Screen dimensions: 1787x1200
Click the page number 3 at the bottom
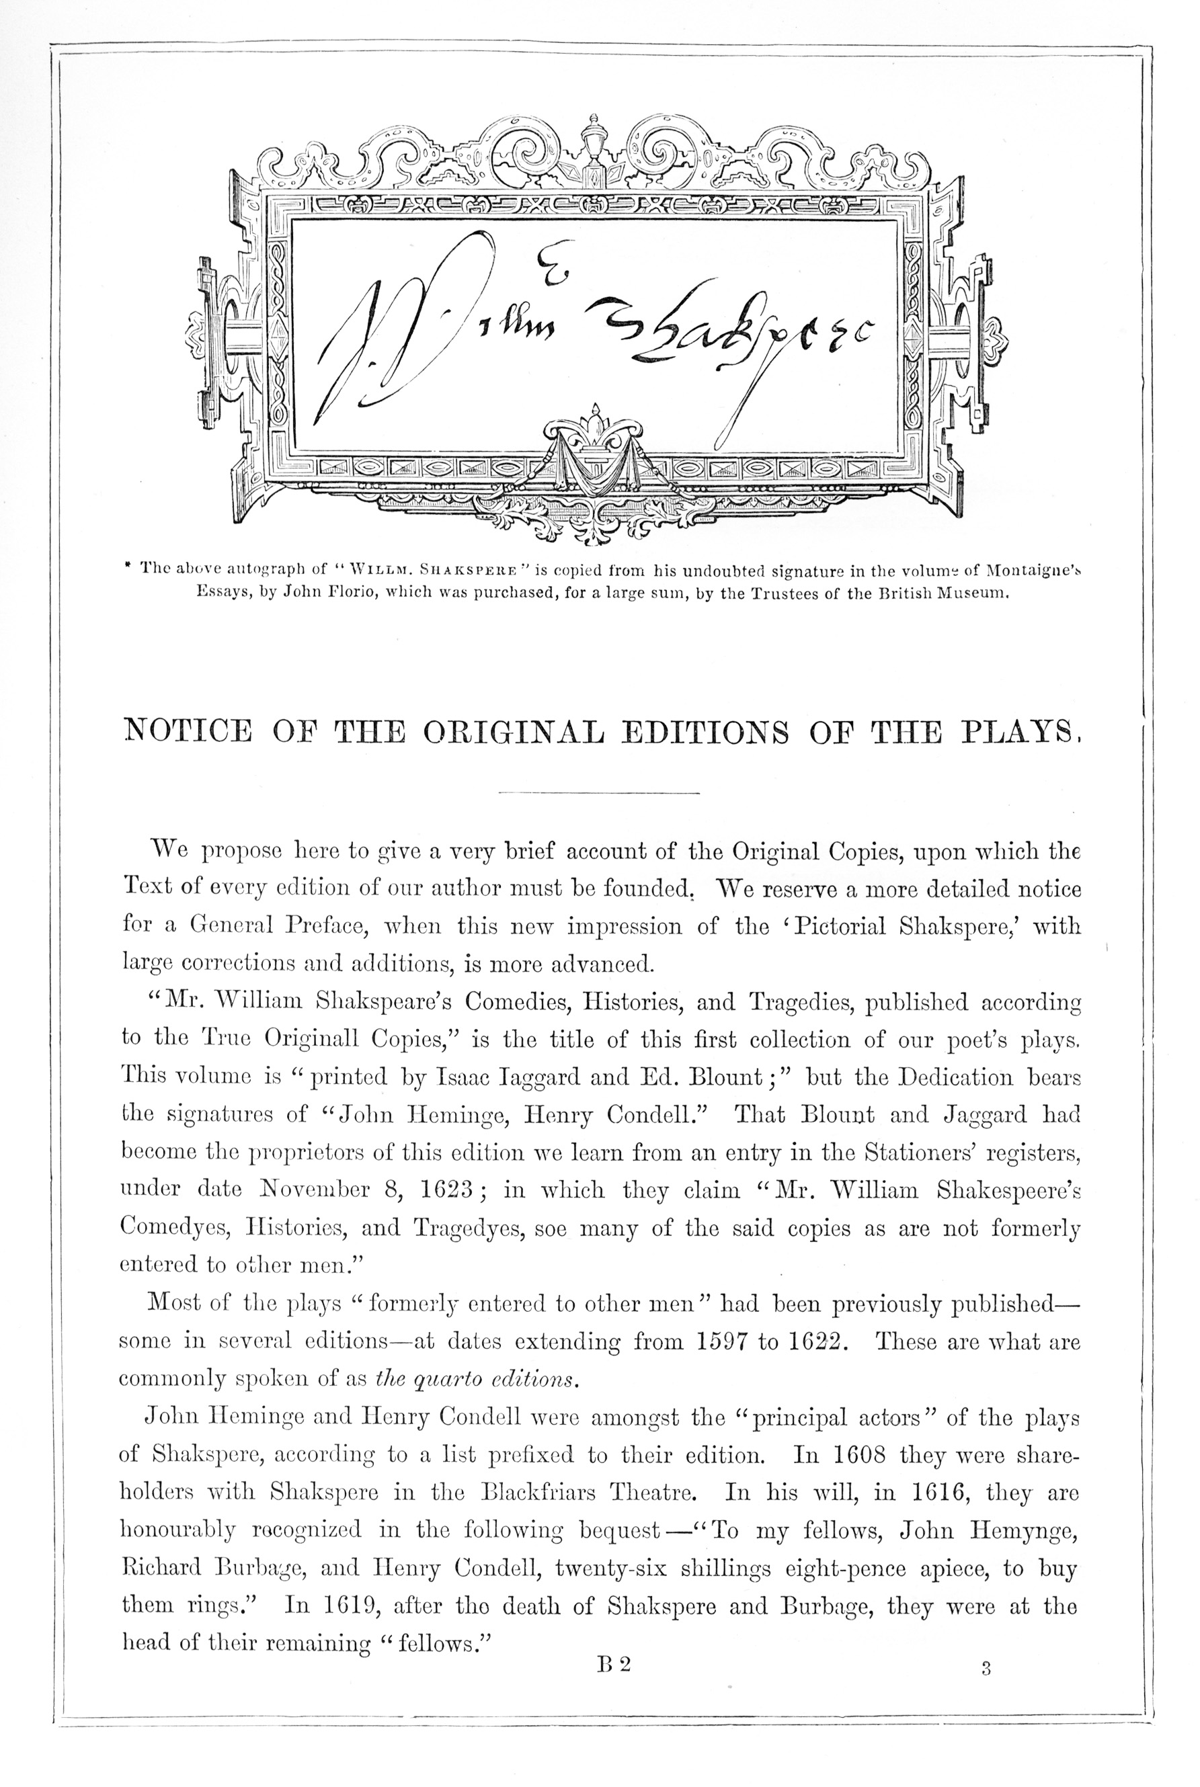pyautogui.click(x=986, y=1670)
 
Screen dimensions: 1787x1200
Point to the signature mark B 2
pyautogui.click(x=614, y=1665)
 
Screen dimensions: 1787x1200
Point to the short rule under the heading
pyautogui.click(x=599, y=792)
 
